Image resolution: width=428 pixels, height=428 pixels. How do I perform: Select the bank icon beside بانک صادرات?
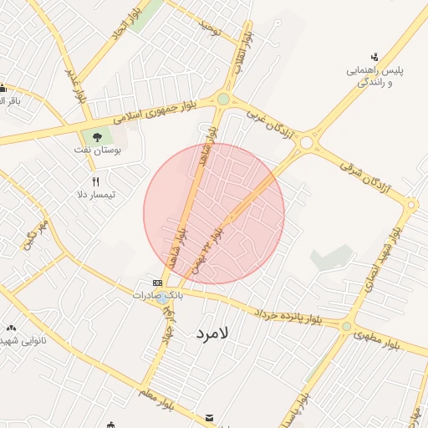pos(157,283)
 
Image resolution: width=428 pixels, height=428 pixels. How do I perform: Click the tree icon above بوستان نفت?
pos(98,135)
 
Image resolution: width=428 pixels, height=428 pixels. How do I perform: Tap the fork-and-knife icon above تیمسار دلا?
pos(96,181)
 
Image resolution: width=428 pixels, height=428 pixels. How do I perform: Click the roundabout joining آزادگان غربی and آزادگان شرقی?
pos(306,143)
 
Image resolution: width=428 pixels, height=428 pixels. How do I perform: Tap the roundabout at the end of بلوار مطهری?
pos(346,326)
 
